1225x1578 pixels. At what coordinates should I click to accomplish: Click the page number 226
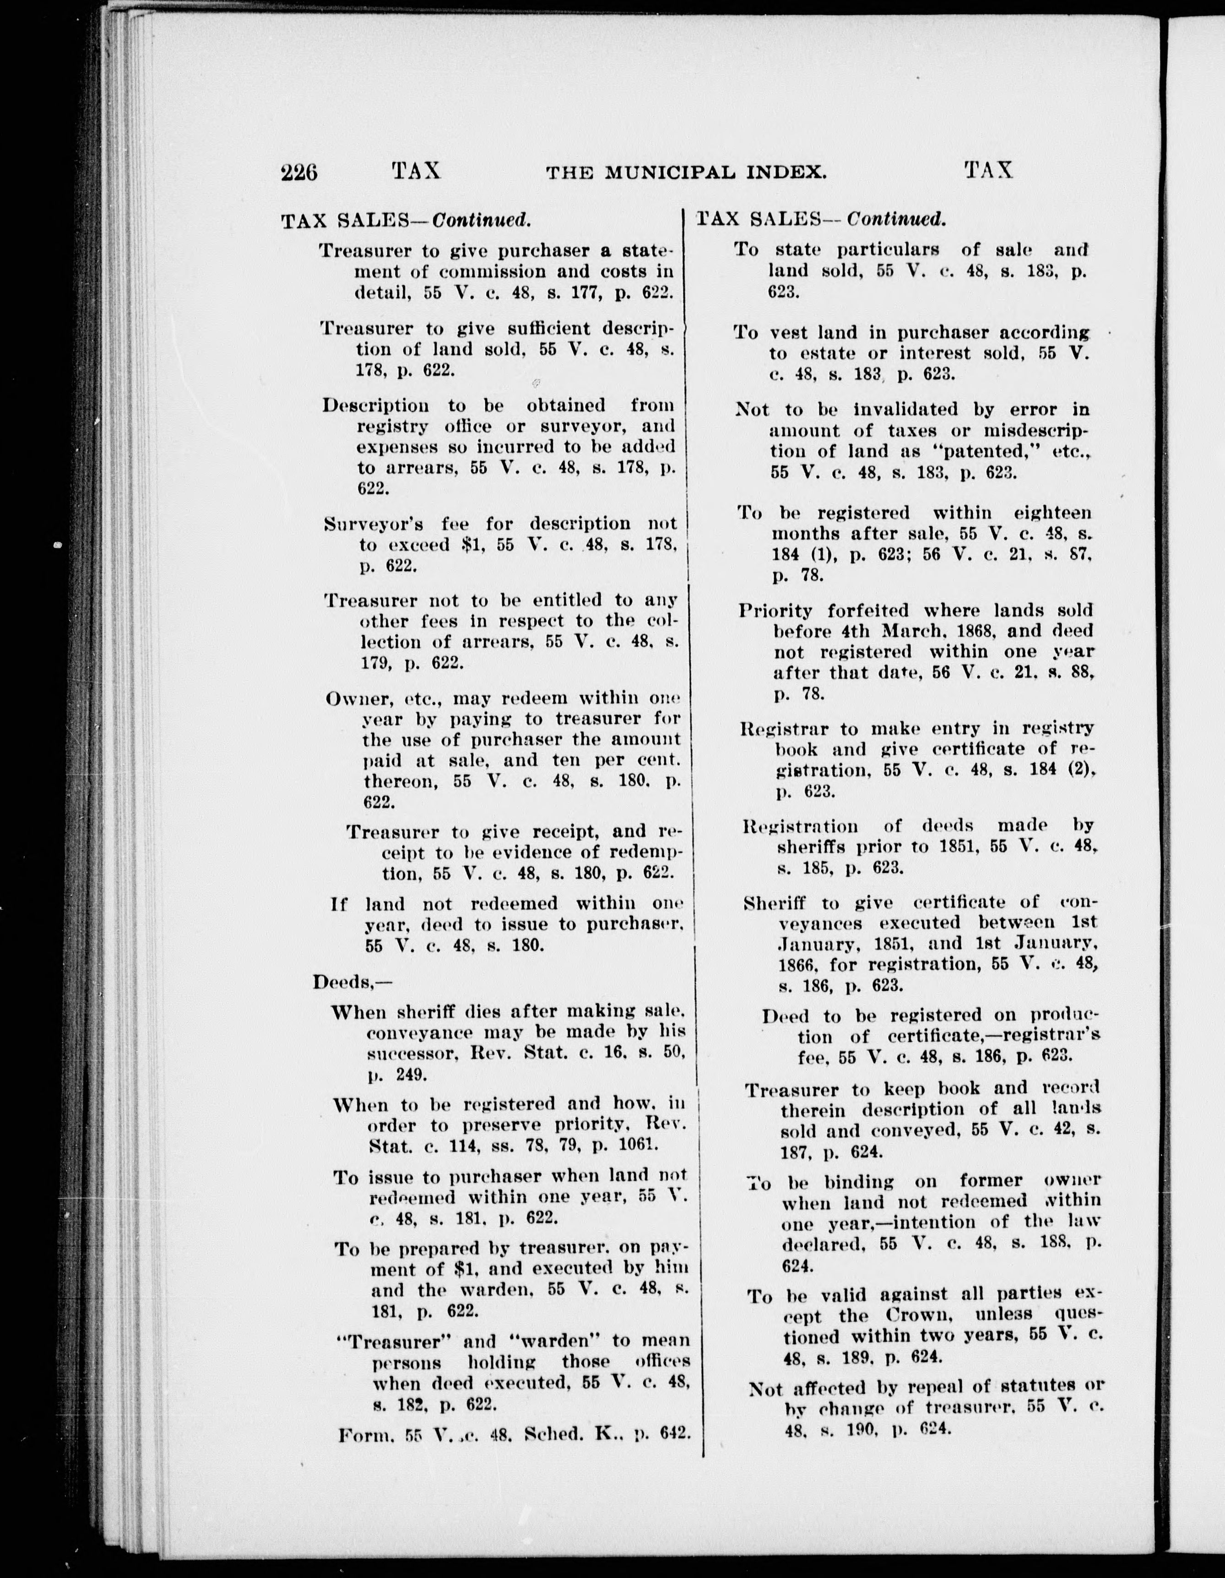pos(299,173)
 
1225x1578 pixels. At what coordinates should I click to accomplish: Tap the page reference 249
pos(411,1075)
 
